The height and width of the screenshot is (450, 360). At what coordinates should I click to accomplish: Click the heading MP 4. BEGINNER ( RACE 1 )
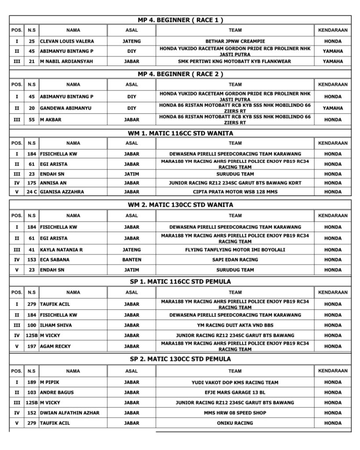(180, 20)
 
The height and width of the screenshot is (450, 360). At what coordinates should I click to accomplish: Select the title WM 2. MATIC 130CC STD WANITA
(180, 205)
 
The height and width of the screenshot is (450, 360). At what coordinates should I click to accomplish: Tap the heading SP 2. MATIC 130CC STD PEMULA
(180, 359)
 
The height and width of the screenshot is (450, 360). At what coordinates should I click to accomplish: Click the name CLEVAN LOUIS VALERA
(67, 41)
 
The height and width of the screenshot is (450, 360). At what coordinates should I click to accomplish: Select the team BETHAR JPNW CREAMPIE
(235, 41)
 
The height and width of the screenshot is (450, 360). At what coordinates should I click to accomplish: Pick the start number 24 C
(32, 192)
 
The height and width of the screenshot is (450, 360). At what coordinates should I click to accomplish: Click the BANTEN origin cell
(131, 260)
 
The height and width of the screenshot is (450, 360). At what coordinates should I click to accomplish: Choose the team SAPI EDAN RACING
(235, 260)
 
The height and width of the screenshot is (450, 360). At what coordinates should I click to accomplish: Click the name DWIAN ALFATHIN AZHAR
(69, 413)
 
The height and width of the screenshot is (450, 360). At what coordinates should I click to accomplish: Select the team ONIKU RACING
(235, 423)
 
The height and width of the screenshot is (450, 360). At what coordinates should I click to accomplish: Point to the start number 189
(32, 382)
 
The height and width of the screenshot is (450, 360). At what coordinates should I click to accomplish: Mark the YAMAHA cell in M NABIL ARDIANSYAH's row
(333, 62)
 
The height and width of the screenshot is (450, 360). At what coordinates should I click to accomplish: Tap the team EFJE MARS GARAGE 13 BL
(235, 392)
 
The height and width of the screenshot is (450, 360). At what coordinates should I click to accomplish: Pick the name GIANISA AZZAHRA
(62, 192)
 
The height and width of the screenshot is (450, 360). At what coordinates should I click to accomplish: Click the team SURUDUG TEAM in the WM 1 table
(235, 174)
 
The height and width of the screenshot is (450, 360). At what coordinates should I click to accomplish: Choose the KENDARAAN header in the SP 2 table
(333, 371)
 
